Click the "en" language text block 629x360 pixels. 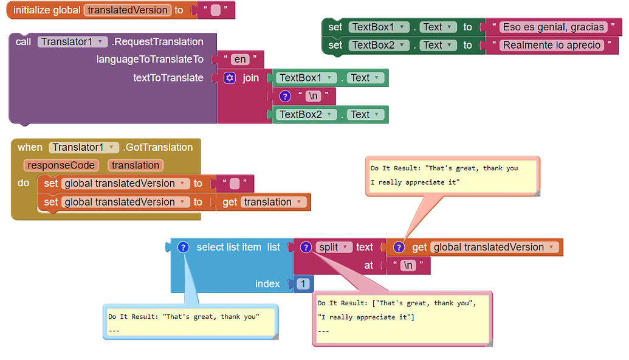(x=240, y=60)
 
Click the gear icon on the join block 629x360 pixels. (x=230, y=78)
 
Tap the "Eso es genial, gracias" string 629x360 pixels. (x=553, y=27)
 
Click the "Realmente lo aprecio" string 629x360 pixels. (x=551, y=45)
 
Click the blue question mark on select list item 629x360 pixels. (x=183, y=247)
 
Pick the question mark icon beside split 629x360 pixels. (x=306, y=247)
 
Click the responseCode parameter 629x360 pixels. (x=61, y=165)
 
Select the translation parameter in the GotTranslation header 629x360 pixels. (x=136, y=165)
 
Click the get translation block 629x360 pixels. (x=264, y=202)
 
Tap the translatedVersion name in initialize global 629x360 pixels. (x=128, y=10)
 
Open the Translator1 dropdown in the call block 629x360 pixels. (x=72, y=42)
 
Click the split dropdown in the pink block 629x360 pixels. (x=334, y=247)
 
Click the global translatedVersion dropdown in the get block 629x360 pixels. (x=494, y=247)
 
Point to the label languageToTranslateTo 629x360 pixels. (x=150, y=60)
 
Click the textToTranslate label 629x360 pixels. (x=168, y=78)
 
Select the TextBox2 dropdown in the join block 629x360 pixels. (x=306, y=114)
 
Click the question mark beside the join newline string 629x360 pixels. (x=284, y=96)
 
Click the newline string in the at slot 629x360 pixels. (x=408, y=266)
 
